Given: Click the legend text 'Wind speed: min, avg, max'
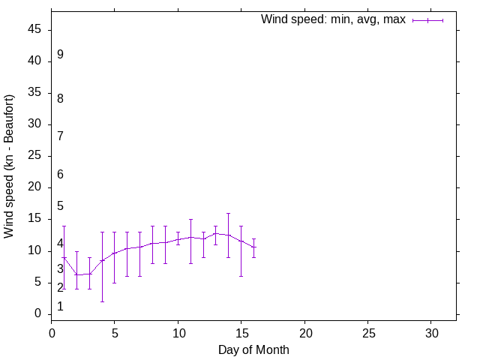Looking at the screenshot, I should click(333, 19).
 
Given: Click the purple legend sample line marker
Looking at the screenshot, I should click(428, 20).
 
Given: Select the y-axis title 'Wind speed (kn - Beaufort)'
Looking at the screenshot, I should click(9, 166).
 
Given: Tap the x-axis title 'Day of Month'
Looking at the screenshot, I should click(253, 349).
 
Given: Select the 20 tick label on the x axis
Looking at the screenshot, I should click(304, 331).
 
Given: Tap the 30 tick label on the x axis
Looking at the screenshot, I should click(431, 331).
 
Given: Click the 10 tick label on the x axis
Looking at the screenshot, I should click(178, 331).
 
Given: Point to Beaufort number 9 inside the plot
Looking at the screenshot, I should click(60, 55).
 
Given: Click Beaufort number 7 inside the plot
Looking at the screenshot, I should click(60, 136).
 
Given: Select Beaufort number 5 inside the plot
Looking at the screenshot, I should click(60, 205).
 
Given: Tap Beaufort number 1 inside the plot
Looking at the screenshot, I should click(60, 306).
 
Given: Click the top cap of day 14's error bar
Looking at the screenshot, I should click(228, 213).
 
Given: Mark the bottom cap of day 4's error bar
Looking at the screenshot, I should click(102, 301).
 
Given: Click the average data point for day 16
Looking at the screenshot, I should click(253, 247).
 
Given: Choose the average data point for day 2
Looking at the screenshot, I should click(76, 274).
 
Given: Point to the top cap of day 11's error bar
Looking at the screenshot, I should click(190, 219).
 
